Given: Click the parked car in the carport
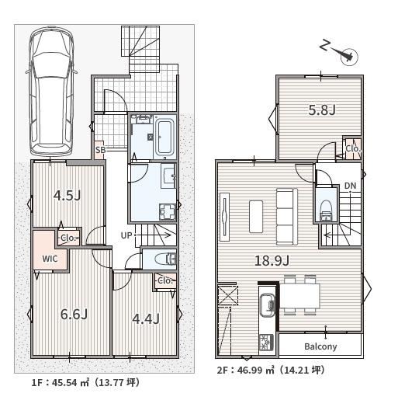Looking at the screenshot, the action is coord(51,91).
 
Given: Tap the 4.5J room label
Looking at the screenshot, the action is coord(67,196).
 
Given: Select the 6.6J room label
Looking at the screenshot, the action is coord(74,315).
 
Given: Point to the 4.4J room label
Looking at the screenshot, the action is coord(146,319).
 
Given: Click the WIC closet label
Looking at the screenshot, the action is coord(50,259).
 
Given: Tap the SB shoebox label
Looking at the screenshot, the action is coord(101,150).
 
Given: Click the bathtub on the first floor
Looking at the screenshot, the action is coord(164,137).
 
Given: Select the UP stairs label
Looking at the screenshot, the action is coord(126,235).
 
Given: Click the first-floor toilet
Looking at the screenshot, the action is coord(165,259).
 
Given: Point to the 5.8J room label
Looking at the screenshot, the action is coord(322,110).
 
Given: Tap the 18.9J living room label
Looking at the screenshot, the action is coord(272,261).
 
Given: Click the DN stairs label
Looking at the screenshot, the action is coord(350,186).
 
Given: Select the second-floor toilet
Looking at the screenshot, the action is coord(326,210).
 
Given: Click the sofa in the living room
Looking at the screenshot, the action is coord(287,217).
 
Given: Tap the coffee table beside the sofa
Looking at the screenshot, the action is coord(256,217).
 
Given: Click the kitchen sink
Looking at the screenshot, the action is coord(267,305).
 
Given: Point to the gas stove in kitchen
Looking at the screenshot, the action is coord(267,343).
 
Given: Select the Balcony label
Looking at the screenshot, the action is coord(320,346).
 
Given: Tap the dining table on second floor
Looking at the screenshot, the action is coord(300,296).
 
